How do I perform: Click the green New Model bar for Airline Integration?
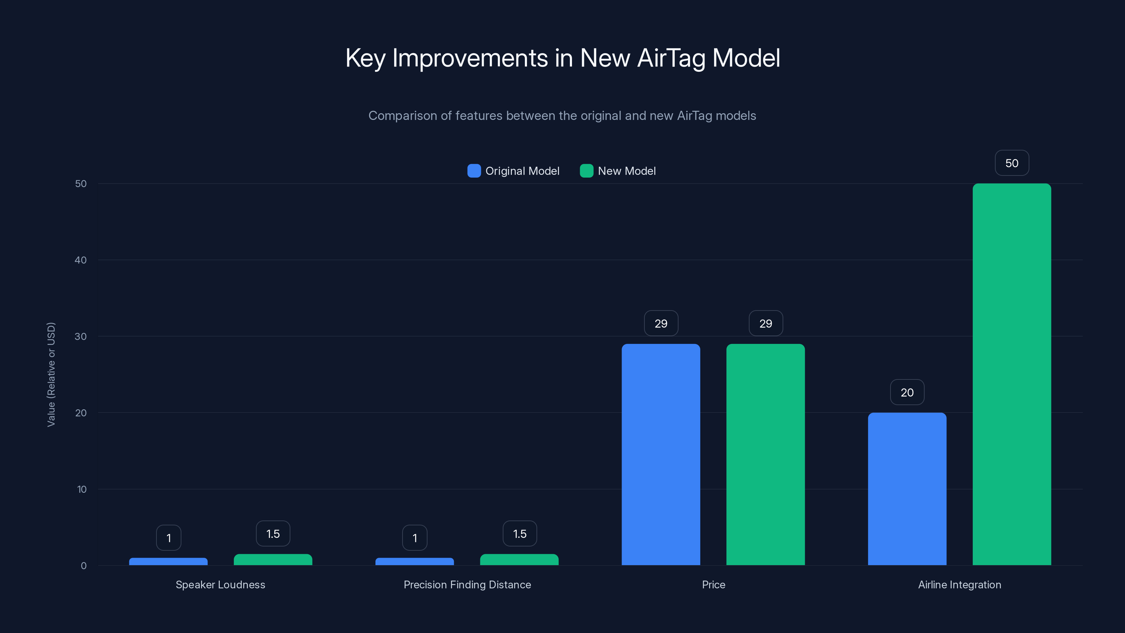(1011, 375)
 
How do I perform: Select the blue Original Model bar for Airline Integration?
(907, 489)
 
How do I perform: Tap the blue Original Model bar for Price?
(661, 454)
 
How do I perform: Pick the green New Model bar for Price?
(765, 454)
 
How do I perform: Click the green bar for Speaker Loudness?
(273, 560)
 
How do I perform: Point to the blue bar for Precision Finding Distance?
(414, 561)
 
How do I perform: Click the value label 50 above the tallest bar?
(1011, 163)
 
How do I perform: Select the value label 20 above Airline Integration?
(907, 392)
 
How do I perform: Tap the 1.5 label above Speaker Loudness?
(273, 533)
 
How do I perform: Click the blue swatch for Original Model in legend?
(474, 171)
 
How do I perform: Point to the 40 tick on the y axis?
(81, 260)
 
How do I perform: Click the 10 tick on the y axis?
(82, 489)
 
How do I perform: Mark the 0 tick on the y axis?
(83, 566)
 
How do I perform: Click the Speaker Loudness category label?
(220, 584)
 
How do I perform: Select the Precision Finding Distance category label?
(467, 584)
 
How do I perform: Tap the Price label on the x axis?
(713, 584)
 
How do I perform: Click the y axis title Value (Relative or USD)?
(51, 375)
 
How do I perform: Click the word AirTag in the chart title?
(671, 58)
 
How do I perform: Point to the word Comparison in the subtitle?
(402, 115)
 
